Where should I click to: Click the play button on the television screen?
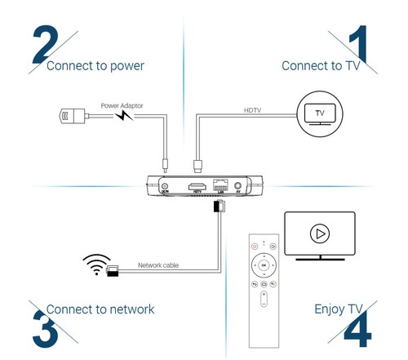click(319, 234)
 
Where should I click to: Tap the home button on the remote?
click(262, 285)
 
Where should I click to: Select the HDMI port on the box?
click(197, 188)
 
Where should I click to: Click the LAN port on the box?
click(219, 187)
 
